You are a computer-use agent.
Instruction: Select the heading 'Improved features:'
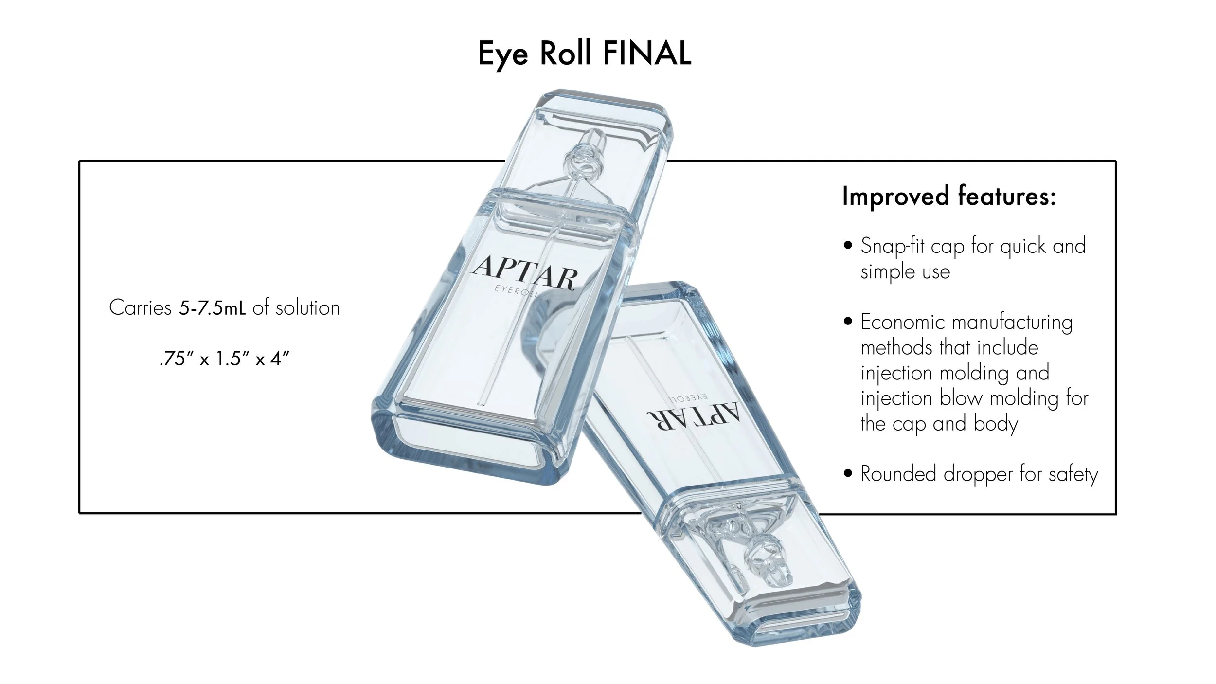948,197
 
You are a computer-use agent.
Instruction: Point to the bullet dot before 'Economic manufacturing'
849,322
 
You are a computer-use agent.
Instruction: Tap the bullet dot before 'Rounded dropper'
849,473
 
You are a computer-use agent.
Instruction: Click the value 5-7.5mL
212,308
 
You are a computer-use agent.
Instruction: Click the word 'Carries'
140,308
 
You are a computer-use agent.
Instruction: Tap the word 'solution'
307,308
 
